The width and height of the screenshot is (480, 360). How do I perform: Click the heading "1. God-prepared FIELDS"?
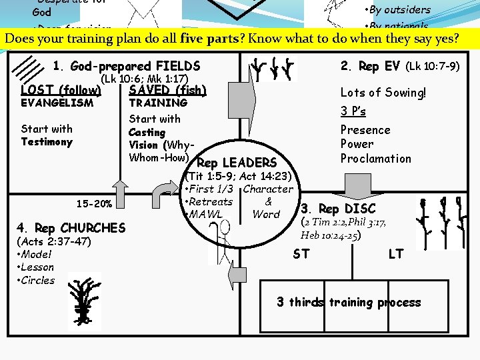point(126,66)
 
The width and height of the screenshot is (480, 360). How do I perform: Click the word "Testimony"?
point(47,142)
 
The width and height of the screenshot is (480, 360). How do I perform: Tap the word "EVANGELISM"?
point(57,103)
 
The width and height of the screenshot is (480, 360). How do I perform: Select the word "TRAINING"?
point(158,103)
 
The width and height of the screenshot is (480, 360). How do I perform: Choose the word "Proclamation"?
point(375,159)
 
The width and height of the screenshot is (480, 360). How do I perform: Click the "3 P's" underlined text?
point(353,111)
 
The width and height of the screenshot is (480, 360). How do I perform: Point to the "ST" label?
point(301,254)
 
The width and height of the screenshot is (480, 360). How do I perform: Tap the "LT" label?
point(396,254)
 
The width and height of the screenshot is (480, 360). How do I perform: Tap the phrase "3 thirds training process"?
point(349,303)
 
